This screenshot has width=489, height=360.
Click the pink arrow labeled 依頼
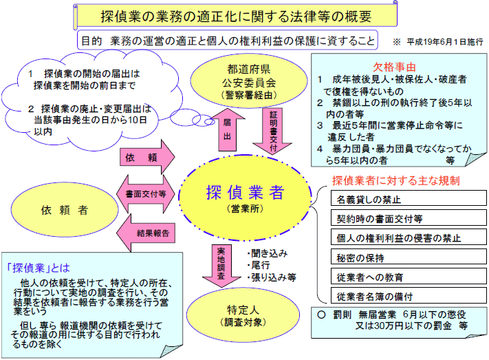146,157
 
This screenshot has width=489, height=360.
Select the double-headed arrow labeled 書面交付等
146,194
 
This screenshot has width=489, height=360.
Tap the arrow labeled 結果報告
146,233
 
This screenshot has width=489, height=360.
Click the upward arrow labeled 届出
228,130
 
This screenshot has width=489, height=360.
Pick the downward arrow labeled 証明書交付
272,131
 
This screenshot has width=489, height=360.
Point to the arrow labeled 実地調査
221,266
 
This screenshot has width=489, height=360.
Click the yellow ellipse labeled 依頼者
65,209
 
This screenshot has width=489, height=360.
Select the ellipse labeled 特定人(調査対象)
243,315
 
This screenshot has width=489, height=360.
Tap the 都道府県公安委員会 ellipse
248,81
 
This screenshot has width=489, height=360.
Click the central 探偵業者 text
245,192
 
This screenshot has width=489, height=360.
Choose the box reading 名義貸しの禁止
409,198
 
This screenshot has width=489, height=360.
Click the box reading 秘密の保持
409,257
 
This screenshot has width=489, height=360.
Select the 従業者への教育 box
409,276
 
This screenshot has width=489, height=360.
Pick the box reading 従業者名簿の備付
409,296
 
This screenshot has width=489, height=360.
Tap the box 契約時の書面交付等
409,218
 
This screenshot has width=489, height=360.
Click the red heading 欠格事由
394,67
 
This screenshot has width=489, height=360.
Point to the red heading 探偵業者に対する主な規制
395,180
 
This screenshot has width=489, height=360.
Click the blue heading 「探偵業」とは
39,268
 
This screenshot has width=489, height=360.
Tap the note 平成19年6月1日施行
445,41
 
